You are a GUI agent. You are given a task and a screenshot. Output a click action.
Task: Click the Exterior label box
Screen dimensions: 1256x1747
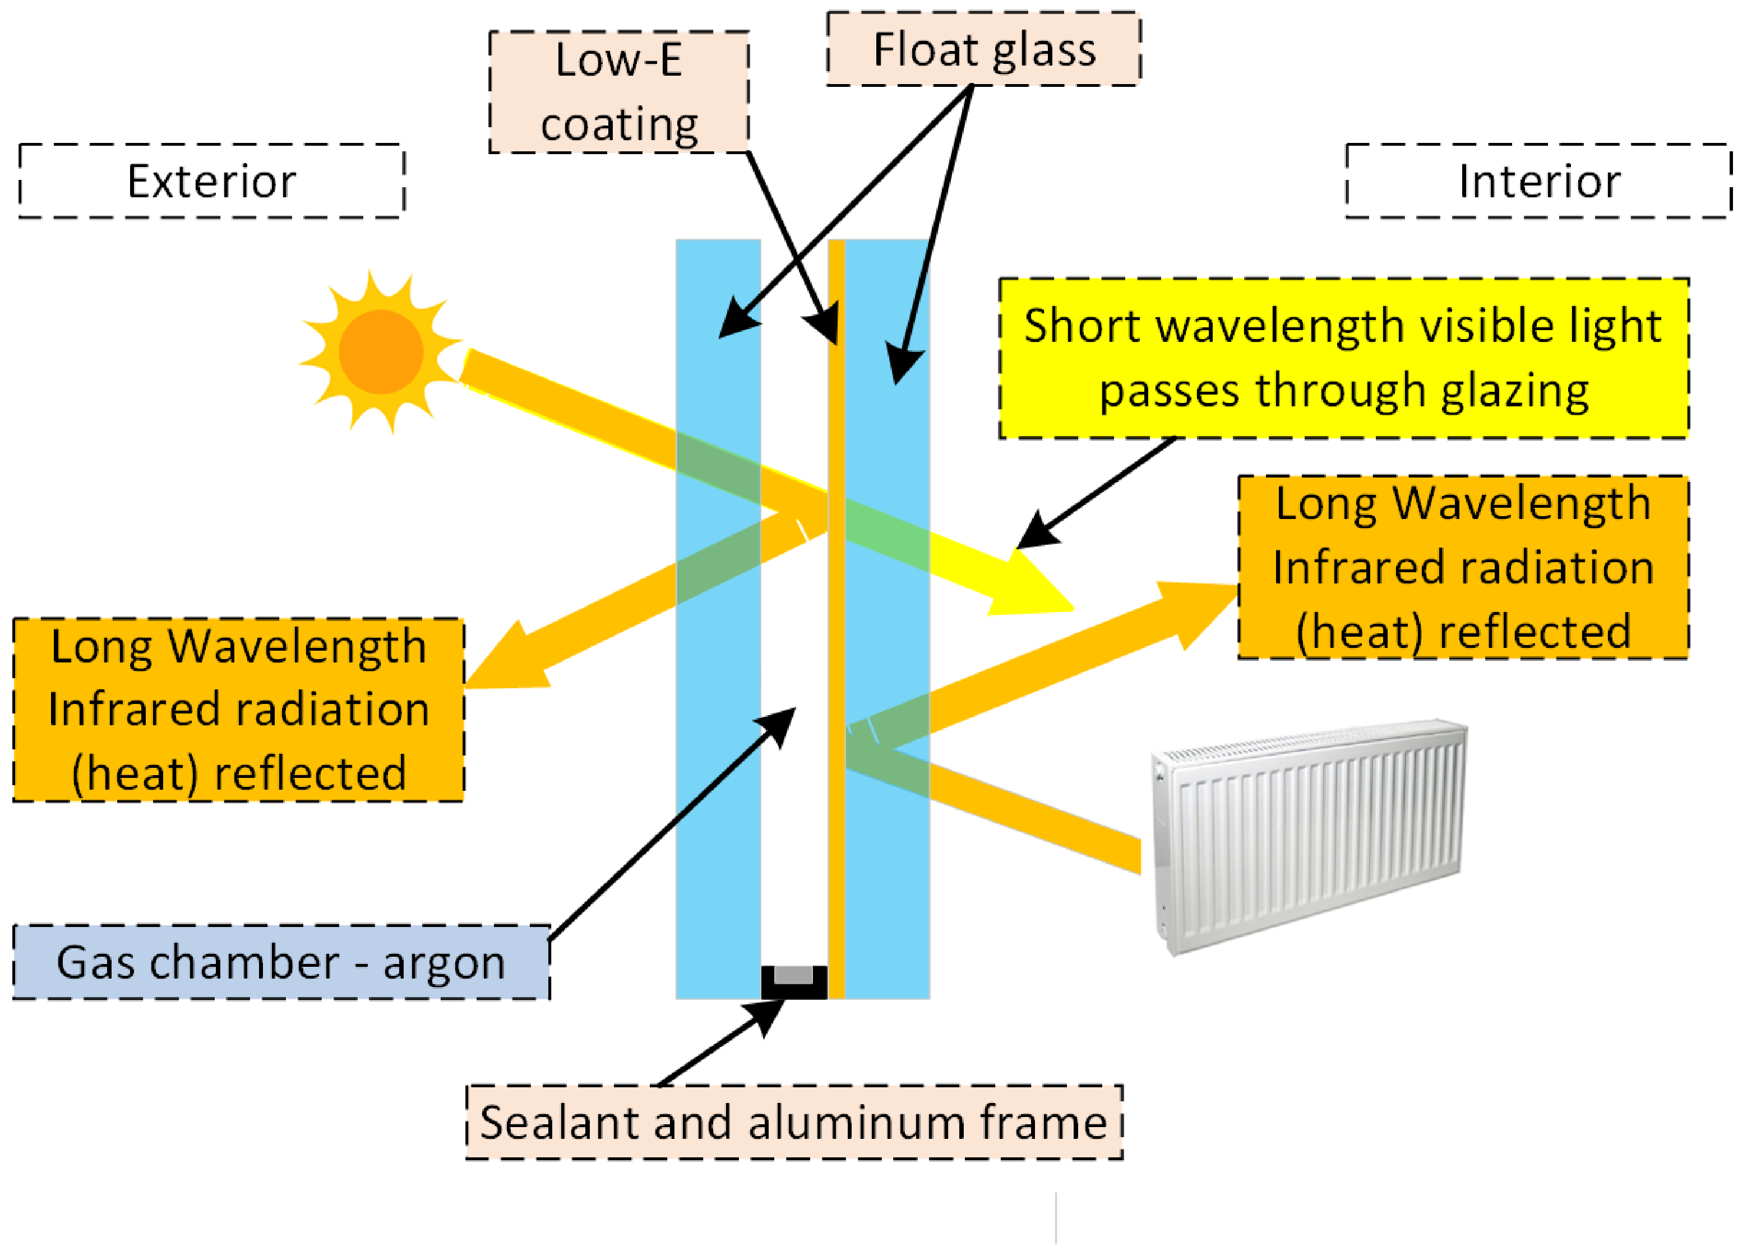point(212,181)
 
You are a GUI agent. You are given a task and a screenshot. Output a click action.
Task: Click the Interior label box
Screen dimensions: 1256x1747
point(1538,181)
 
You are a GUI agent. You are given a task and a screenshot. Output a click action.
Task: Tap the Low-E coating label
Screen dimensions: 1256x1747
point(618,92)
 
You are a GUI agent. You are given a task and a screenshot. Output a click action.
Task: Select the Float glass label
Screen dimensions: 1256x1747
point(983,49)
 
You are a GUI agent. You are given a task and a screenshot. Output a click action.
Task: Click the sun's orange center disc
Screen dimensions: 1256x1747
point(381,351)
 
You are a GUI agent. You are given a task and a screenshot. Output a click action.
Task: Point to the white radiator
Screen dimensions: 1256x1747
point(1310,836)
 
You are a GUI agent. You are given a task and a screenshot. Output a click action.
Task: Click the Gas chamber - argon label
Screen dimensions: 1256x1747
point(281,962)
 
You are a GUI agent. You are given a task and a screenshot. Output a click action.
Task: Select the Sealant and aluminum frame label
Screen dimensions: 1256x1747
point(793,1122)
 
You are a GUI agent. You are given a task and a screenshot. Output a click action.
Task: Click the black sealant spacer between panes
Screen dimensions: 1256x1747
point(793,982)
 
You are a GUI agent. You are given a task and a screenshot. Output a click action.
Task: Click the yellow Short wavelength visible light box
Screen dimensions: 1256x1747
point(1343,359)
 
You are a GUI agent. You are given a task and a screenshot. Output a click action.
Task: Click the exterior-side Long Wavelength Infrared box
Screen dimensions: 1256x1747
point(239,709)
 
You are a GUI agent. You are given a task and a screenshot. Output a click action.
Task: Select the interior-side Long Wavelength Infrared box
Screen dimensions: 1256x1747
point(1463,568)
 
